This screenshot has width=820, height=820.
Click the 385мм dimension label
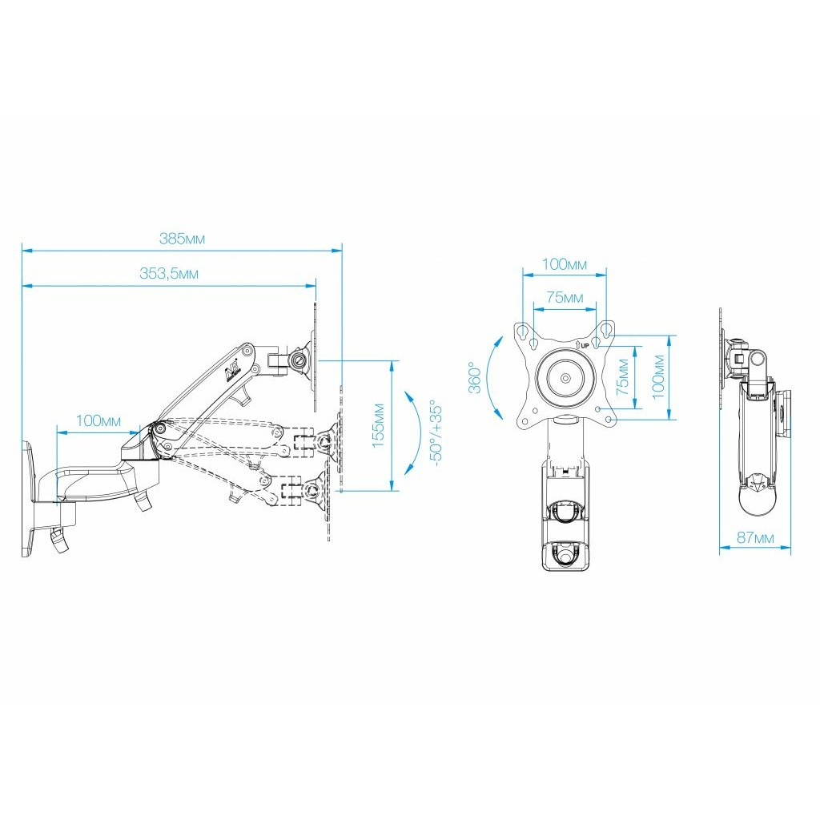(x=182, y=239)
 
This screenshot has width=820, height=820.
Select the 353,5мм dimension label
(x=168, y=274)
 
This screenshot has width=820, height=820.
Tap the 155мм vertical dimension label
(x=379, y=425)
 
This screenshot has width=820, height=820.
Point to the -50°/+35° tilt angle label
(x=436, y=433)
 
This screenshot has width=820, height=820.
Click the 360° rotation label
(x=474, y=377)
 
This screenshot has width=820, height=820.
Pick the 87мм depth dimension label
(x=755, y=537)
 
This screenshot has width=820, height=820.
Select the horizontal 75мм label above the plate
(x=565, y=297)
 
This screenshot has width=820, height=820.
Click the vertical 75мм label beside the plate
(x=622, y=376)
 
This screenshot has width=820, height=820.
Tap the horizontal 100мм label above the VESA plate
(x=565, y=264)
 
